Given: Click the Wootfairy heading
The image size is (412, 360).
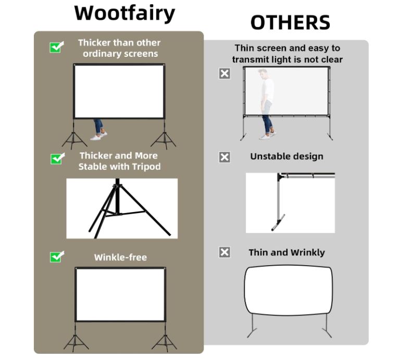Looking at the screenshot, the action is [124, 13].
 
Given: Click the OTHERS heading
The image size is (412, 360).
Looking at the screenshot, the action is [290, 22].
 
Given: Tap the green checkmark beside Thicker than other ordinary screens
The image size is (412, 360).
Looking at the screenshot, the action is [56, 47].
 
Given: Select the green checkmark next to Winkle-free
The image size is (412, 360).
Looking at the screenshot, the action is [56, 257].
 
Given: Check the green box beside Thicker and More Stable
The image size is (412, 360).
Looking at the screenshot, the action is [57, 159].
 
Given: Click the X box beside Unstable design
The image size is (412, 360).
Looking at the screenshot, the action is [224, 157].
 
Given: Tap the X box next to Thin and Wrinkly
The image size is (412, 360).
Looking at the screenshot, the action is [224, 252].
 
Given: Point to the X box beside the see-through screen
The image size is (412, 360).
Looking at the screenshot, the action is [224, 73].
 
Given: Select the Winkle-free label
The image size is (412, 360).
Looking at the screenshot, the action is [121, 257].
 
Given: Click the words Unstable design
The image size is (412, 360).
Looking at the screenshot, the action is [286, 156].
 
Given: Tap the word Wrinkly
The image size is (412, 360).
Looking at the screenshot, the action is [308, 253].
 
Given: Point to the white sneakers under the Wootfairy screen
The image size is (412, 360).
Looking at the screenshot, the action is [99, 136].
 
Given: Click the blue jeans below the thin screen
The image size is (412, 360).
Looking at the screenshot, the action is [268, 124].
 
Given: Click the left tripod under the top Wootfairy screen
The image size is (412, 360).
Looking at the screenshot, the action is [74, 135].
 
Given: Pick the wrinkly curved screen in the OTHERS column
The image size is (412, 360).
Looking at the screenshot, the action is [288, 290].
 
